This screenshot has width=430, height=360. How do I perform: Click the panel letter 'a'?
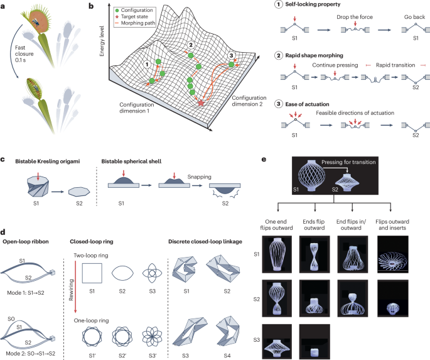click(4, 5)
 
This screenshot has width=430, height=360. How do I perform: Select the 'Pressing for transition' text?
click(353, 163)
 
